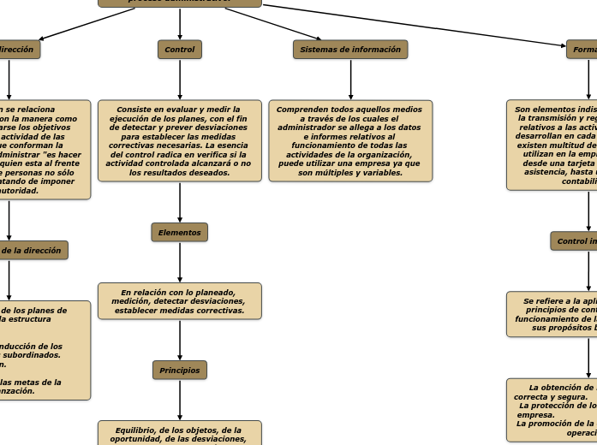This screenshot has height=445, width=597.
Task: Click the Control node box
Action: [x=180, y=50]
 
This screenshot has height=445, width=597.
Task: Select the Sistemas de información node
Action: [x=350, y=50]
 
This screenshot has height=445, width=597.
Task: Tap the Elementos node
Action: [x=180, y=233]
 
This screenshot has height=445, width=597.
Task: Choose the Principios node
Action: [x=180, y=371]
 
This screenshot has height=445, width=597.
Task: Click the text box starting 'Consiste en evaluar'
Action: [x=180, y=141]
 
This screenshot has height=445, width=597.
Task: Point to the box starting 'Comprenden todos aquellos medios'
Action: [x=350, y=141]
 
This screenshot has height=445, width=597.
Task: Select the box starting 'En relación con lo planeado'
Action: [x=180, y=301]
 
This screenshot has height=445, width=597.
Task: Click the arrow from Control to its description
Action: [x=180, y=80]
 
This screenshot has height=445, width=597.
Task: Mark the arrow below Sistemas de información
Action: [x=350, y=80]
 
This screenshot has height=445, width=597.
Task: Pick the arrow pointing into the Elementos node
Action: [x=180, y=203]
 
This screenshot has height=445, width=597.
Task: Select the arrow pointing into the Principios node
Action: [x=180, y=341]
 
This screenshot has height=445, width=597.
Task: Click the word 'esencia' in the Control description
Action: [x=227, y=145]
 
